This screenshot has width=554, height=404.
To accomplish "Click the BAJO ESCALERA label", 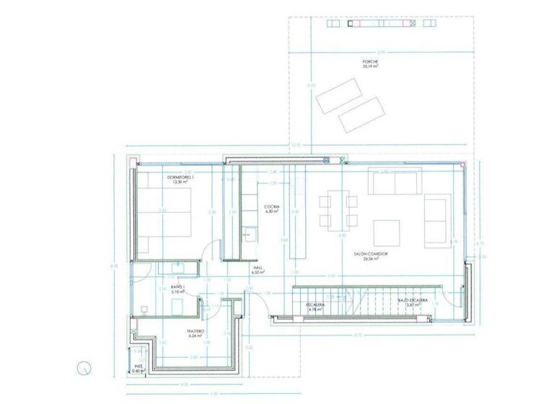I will tap(413, 301).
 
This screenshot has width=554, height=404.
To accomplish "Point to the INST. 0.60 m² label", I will tap(138, 368).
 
